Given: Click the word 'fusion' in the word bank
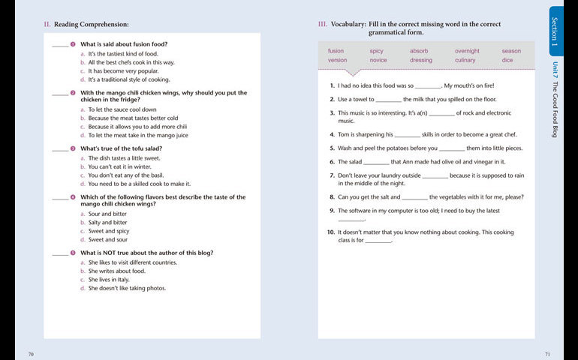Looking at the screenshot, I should (x=336, y=51).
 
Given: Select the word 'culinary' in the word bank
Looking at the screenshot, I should (x=465, y=60).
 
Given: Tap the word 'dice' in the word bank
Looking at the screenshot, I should (x=507, y=60).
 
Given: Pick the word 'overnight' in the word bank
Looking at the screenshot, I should (x=467, y=51).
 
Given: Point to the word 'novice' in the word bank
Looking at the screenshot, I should (x=378, y=60).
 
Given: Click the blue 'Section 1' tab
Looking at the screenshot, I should (x=555, y=31).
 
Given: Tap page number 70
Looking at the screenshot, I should (x=31, y=353).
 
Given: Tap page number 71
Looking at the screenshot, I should (x=547, y=353).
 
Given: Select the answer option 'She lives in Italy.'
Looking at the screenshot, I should (x=109, y=279).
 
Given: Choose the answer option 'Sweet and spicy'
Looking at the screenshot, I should (x=109, y=231).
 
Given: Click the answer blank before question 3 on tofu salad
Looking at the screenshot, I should (x=60, y=150).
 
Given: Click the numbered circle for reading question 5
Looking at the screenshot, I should (x=73, y=253).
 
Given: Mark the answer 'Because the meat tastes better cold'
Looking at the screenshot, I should (x=133, y=118).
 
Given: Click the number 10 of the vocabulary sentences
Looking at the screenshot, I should (x=330, y=232).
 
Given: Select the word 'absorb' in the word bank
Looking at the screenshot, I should (x=419, y=51).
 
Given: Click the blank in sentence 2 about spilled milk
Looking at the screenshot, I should (x=388, y=100).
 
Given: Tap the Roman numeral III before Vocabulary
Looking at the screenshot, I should (x=322, y=25).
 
